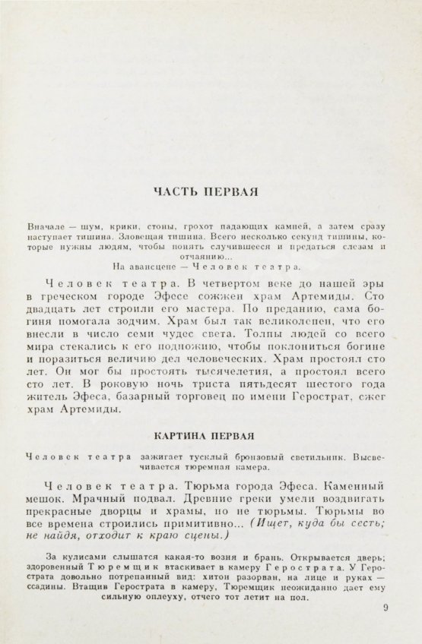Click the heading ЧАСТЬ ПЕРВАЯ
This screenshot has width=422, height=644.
point(206,191)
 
